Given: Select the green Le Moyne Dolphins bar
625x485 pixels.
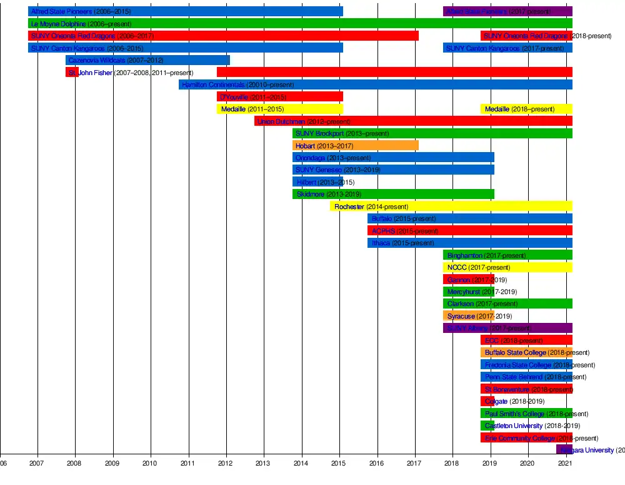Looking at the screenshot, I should (300, 24).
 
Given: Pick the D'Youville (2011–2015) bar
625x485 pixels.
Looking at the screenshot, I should (280, 97).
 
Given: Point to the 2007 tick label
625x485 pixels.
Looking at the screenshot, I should (36, 463).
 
